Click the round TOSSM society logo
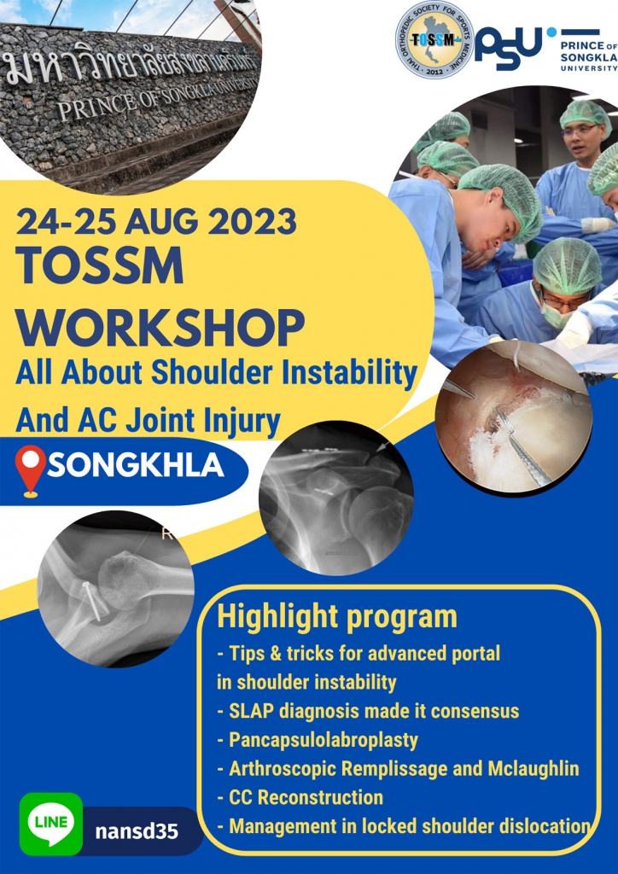434,39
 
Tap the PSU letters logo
508,49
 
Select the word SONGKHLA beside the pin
136,468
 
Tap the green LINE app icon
51,824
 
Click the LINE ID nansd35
137,831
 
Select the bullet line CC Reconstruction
300,797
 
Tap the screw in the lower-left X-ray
92,601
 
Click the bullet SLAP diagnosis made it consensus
368,711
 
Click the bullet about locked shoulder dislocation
404,826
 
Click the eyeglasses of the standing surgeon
580,130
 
